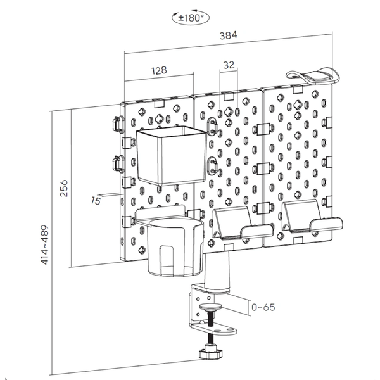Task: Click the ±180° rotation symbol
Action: coord(190,18)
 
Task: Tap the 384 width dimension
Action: coord(228,35)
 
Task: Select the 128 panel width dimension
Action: coord(159,70)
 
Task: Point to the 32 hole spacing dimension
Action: coord(229,65)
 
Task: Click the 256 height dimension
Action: coord(64,188)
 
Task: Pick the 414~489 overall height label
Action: coord(45,244)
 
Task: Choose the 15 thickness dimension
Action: coord(96,200)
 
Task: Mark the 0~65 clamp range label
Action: coord(263,307)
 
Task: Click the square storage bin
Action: coord(172,155)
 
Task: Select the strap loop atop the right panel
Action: coord(313,75)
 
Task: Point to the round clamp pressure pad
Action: coord(210,307)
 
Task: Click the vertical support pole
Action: coord(217,272)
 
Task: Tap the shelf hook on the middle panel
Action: coord(243,223)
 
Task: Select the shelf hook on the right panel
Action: coord(312,216)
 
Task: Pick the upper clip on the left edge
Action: coord(118,124)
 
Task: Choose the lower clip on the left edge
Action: coord(118,164)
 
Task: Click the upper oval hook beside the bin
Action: coord(213,125)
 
